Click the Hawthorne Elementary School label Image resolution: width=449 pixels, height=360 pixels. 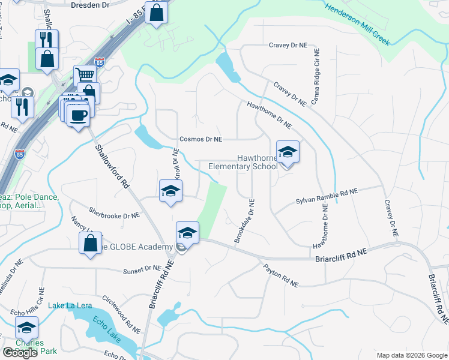click(243, 162)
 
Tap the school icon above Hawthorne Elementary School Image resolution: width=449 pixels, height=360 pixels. click(288, 152)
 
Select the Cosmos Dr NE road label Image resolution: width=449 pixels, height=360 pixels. click(201, 139)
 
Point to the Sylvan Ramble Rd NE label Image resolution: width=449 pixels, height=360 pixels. click(326, 196)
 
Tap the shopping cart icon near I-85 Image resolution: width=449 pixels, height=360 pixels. click(85, 75)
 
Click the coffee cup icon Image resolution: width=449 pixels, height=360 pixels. click(77, 115)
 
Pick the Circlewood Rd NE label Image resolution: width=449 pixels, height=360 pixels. click(121, 315)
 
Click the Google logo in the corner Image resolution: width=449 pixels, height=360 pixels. click(20, 353)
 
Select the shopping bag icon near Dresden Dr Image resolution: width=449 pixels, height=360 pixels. click(156, 13)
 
